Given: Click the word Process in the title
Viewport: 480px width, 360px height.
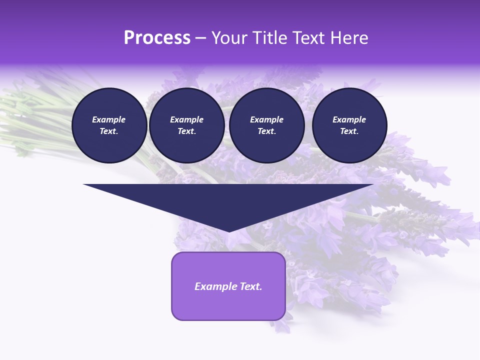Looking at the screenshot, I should tap(157, 38).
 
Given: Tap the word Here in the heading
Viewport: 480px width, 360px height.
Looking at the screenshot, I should tap(349, 38).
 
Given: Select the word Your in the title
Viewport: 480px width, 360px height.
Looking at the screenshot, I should tap(228, 38).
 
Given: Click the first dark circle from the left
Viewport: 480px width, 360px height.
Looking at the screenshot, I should tap(109, 125).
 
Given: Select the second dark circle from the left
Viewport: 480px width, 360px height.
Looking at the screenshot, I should tap(186, 125).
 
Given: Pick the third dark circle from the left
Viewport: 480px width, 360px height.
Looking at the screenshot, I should tap(266, 125).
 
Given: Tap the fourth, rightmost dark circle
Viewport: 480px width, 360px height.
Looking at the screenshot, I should tap(349, 125).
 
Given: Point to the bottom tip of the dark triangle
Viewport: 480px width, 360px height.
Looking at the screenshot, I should tap(228, 231).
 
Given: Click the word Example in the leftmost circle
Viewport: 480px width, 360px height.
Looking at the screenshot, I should tap(109, 119).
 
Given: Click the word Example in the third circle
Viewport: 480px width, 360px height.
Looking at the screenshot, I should tap(266, 119).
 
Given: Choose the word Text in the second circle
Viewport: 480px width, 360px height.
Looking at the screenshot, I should tap(186, 131).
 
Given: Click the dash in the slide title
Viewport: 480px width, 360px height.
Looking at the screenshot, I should tap(201, 38).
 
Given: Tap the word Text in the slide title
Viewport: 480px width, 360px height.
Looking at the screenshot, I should tap(305, 38).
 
